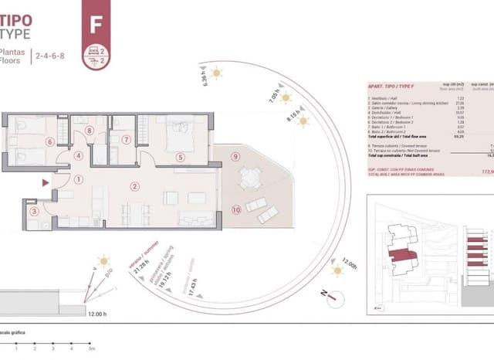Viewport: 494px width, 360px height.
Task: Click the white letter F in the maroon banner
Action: [96, 23]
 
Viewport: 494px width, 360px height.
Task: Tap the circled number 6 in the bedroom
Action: [49, 141]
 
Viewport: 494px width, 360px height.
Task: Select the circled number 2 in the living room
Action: [135, 185]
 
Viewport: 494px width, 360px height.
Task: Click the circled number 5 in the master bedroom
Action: [180, 157]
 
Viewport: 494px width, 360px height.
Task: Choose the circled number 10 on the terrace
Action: [235, 209]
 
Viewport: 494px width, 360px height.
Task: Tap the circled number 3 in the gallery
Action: [33, 210]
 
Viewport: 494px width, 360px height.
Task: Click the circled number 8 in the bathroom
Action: [90, 131]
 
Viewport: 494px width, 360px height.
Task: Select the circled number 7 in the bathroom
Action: [124, 140]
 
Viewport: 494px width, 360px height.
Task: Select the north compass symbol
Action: [325, 294]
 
